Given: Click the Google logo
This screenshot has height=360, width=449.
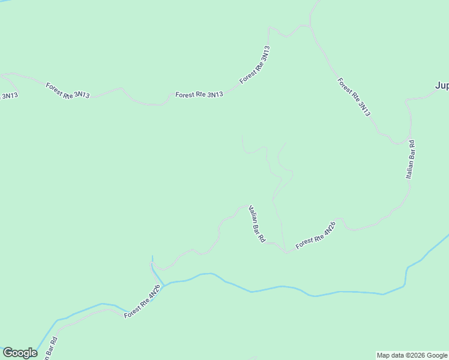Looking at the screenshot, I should pos(20,353).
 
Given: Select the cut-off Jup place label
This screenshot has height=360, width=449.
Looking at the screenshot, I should pos(442,86).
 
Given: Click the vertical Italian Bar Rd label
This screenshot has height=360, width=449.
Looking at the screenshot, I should pos(411,160).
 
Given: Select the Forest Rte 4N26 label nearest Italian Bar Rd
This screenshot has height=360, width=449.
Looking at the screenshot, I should pos(316,235).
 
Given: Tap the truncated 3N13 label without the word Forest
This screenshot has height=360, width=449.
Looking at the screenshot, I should pos(8,95).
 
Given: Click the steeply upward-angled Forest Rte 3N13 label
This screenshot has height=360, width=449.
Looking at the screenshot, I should pos(255,65).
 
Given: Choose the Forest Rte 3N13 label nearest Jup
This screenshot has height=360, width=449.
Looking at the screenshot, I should pos(354,97).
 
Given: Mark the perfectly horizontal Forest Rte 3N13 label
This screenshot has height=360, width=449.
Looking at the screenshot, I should pos(199,94).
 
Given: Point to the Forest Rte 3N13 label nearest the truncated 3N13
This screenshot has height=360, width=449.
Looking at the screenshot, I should pos(68,91).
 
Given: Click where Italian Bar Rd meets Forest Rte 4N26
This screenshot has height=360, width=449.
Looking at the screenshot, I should pos(286,251).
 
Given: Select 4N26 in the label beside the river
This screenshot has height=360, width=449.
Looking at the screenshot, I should pos(154,294).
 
